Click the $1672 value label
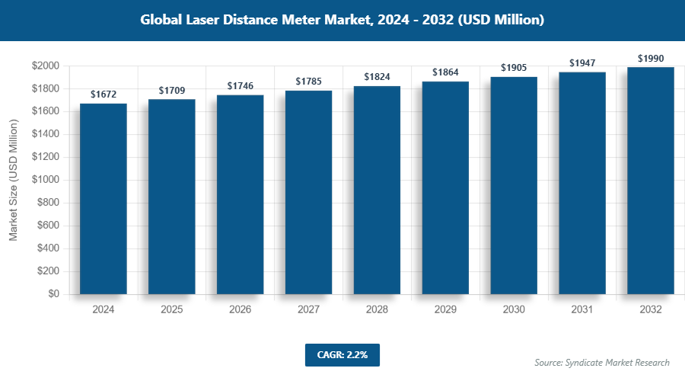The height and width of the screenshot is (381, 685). click(x=104, y=94)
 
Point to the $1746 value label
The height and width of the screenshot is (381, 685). click(x=241, y=86)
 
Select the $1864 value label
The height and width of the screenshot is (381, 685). click(x=445, y=72)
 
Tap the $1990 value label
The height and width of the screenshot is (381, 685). click(x=651, y=58)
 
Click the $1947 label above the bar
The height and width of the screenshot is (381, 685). click(x=582, y=62)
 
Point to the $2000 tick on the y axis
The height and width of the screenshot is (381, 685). click(x=46, y=66)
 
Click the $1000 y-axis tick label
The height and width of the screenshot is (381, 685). click(x=46, y=181)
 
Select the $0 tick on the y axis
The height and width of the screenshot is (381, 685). click(x=53, y=294)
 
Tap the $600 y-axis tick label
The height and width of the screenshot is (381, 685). click(x=49, y=226)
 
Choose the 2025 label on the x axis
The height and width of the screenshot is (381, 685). click(x=172, y=310)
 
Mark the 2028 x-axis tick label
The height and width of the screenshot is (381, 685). click(x=377, y=310)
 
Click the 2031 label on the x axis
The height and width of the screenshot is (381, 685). click(x=582, y=310)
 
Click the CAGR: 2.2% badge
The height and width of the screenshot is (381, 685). click(x=342, y=354)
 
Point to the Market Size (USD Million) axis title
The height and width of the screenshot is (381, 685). click(x=13, y=181)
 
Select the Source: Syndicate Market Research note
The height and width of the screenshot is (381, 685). click(x=601, y=362)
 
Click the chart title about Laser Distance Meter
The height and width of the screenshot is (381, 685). click(x=342, y=20)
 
